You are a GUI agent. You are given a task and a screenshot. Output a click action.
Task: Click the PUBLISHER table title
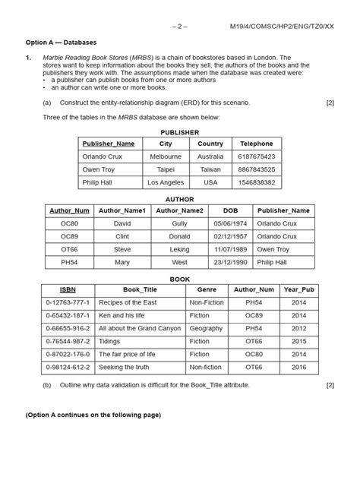tap(180, 132)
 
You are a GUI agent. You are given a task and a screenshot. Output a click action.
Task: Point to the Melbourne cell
tap(166, 156)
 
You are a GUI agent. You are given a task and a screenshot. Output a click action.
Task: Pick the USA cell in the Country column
tap(210, 183)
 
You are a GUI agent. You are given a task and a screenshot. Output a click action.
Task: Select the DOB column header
tap(229, 210)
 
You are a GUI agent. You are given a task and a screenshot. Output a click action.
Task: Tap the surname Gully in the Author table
tap(179, 224)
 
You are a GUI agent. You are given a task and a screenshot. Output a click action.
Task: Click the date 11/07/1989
tap(229, 249)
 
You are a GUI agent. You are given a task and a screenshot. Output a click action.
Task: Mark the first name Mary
tap(122, 262)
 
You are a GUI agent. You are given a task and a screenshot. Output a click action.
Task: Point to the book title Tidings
tap(112, 342)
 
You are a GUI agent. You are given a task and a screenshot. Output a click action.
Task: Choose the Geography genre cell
tap(207, 329)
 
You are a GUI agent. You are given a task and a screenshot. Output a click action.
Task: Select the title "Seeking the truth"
tap(125, 368)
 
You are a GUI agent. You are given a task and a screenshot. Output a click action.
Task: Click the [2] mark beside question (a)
tap(330, 103)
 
